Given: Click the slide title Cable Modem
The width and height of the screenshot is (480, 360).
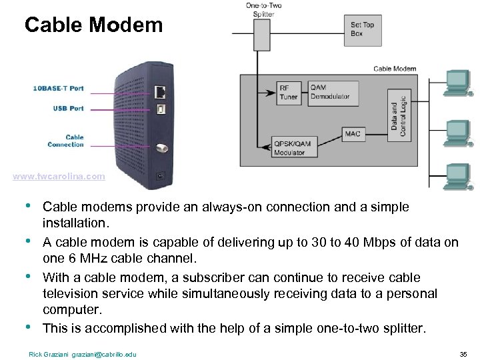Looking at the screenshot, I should [x=93, y=25].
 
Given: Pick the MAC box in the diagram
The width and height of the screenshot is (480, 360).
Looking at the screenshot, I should [x=353, y=134].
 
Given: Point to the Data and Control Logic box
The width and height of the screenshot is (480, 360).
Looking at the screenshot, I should [x=398, y=114].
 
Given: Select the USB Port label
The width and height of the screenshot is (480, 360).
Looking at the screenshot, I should [x=69, y=108].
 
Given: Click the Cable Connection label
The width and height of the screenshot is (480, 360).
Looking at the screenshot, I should [x=66, y=141].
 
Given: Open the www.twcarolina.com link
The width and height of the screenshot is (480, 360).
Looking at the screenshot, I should [x=59, y=177].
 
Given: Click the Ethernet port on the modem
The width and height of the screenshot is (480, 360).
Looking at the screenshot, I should [x=160, y=90].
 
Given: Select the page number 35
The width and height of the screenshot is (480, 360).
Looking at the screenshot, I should [x=463, y=354].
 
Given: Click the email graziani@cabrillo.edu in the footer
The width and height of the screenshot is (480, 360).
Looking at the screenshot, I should [x=107, y=354].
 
